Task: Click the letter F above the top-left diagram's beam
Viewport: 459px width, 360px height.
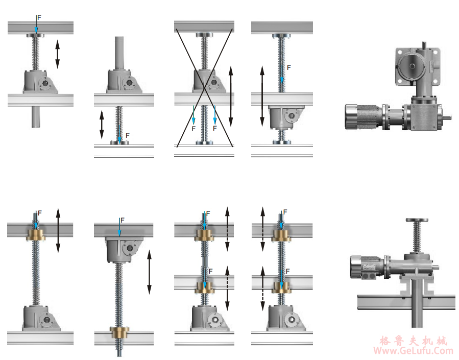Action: point(39,17)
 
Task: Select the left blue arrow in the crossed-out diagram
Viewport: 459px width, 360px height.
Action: point(193,115)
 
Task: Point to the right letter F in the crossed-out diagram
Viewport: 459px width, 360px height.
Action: point(215,129)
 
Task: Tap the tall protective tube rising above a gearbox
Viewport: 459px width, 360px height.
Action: point(119,53)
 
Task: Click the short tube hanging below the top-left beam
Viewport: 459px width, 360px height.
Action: point(36,116)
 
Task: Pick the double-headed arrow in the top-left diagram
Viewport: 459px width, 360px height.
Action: point(57,54)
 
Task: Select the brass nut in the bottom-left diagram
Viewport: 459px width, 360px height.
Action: point(36,235)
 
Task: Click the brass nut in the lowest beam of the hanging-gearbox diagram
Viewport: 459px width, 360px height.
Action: point(119,333)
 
